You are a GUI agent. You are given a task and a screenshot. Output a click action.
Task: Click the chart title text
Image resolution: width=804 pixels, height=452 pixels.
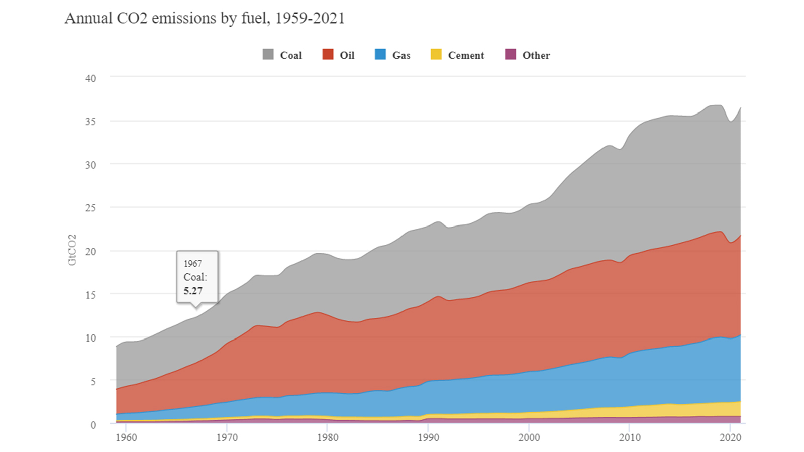point(205,18)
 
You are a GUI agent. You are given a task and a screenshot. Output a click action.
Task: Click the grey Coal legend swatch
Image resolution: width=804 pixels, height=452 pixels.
point(268,54)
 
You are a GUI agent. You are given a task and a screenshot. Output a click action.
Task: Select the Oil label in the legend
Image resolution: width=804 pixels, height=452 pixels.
point(347,55)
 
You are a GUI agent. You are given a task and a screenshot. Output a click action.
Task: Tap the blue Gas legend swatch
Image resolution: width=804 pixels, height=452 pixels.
point(380,54)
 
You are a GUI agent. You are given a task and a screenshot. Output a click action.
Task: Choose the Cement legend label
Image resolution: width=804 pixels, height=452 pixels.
point(466,55)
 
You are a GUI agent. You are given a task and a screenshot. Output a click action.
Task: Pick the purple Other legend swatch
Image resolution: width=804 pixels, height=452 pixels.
point(511,54)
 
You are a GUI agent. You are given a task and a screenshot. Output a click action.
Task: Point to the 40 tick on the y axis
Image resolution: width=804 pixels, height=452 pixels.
point(91,78)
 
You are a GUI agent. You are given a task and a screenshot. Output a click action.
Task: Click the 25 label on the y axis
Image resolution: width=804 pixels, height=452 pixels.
point(91,207)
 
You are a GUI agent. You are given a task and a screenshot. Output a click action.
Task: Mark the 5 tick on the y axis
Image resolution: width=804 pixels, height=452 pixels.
point(93,381)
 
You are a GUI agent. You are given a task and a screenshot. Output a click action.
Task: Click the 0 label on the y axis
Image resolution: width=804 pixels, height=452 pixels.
point(93,425)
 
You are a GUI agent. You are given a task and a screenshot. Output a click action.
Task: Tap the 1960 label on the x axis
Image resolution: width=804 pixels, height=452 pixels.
point(126,437)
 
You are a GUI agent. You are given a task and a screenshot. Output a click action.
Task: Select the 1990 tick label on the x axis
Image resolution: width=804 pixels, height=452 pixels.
point(428,437)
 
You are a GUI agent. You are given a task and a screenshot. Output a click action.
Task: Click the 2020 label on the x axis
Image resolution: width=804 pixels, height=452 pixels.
point(730,437)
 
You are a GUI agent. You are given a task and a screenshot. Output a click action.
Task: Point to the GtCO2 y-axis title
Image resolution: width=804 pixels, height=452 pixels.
point(72,250)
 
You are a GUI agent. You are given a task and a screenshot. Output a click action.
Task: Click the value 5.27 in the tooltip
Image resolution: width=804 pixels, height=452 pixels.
point(193,291)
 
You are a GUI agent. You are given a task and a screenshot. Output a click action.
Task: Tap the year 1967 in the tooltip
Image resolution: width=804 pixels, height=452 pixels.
point(192,264)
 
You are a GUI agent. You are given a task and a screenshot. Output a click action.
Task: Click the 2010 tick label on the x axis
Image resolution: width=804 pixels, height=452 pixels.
point(630,437)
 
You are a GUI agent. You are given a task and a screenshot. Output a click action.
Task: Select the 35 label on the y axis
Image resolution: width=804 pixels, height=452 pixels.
point(91,121)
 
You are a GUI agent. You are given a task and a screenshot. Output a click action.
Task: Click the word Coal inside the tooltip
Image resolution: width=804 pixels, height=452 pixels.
point(194,277)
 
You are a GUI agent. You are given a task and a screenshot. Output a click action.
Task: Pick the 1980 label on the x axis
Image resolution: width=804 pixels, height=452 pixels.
point(328,437)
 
